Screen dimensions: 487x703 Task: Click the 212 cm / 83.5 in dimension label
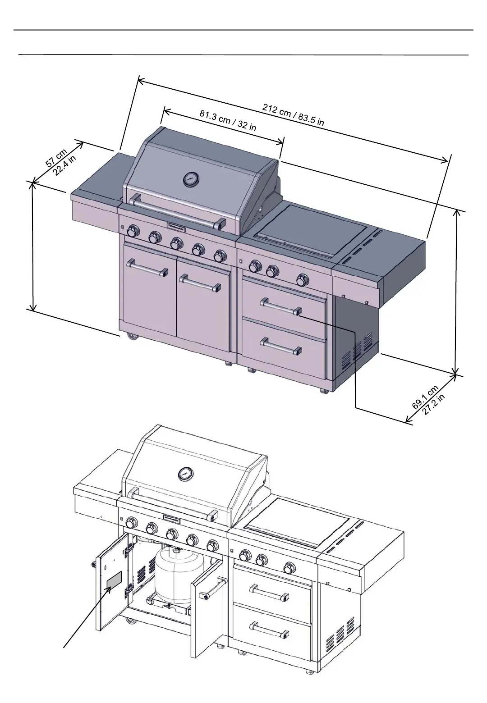293,114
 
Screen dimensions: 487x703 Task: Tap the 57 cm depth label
56,158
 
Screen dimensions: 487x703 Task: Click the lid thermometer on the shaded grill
190,179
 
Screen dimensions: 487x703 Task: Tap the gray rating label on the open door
114,581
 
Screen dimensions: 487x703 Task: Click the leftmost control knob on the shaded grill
133,232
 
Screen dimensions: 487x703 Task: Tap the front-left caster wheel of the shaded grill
132,336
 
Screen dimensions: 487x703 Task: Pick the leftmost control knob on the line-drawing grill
131,523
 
